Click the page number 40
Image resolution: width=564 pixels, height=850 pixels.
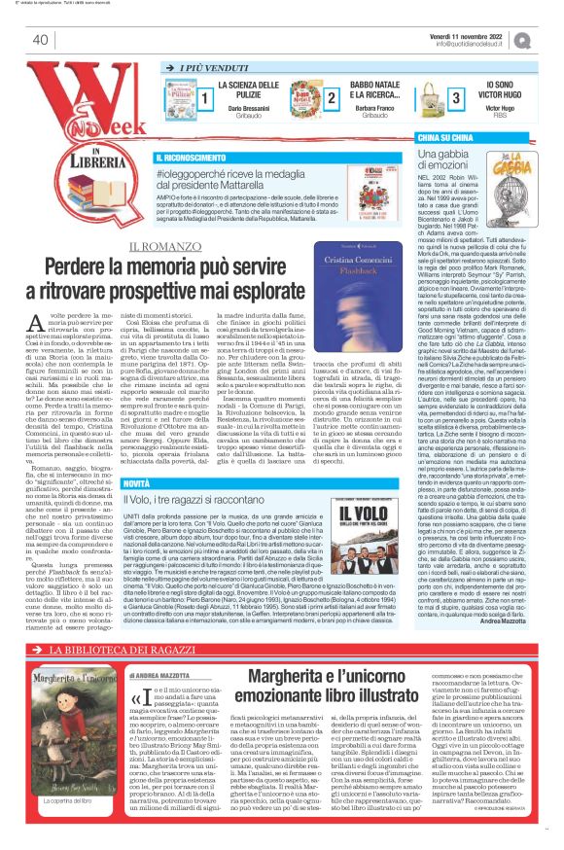(x=40, y=40)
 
